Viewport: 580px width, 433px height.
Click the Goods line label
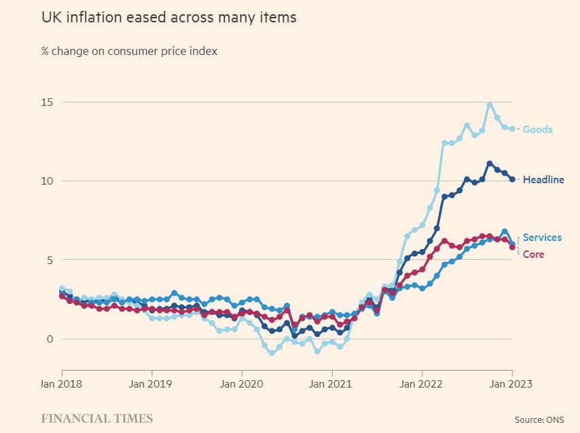click(537, 130)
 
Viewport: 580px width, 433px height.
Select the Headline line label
click(543, 180)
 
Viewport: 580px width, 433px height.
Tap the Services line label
click(542, 238)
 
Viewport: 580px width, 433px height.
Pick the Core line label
click(533, 255)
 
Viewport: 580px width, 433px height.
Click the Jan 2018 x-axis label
click(62, 384)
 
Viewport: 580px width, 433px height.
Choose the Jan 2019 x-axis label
click(151, 384)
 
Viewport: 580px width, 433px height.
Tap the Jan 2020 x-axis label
click(242, 384)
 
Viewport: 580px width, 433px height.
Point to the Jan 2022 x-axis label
click(422, 384)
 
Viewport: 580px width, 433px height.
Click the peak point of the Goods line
click(490, 105)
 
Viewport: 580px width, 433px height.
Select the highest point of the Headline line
click(490, 164)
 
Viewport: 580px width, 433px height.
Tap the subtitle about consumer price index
click(129, 51)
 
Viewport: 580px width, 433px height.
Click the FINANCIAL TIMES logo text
click(97, 418)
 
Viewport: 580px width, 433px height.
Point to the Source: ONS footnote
click(539, 420)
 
